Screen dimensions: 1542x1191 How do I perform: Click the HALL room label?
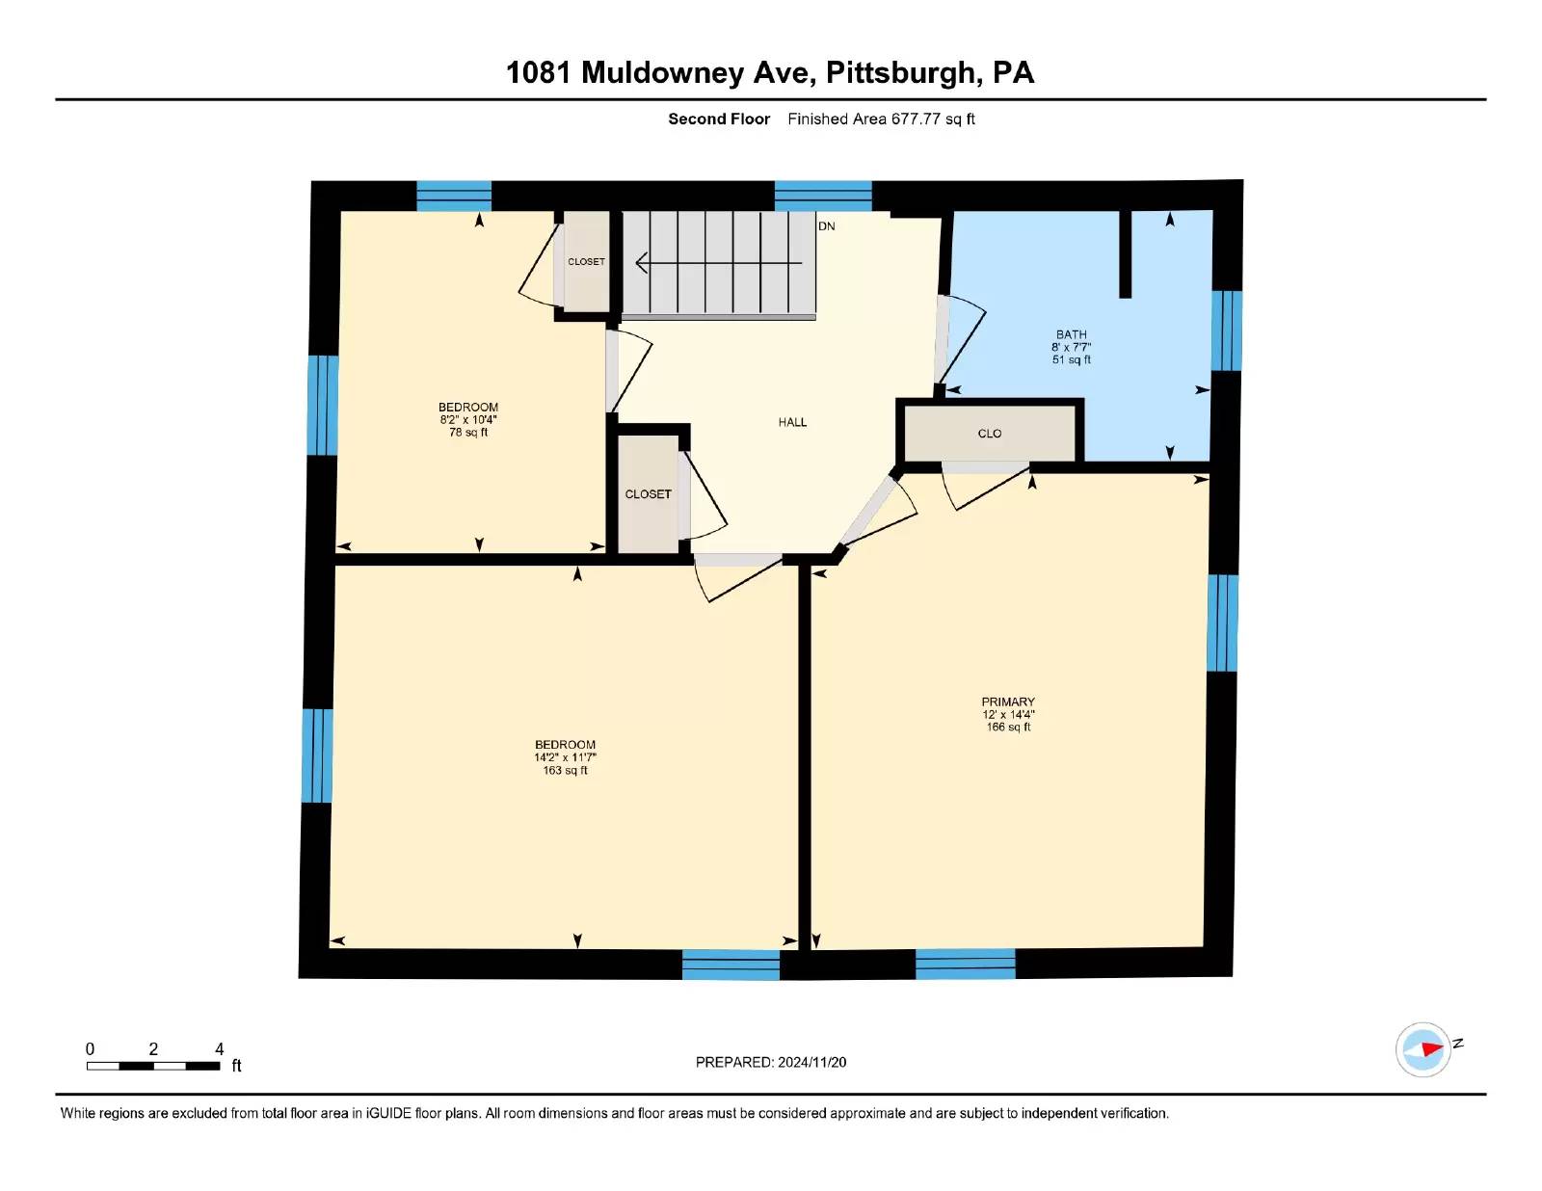click(x=792, y=422)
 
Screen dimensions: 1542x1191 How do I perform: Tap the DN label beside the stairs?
click(x=826, y=226)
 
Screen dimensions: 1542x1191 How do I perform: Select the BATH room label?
click(x=1071, y=334)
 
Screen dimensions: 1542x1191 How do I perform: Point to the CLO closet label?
click(x=989, y=434)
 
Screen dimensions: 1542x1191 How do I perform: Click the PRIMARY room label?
click(x=1008, y=701)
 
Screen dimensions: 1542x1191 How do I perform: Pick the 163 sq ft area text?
click(x=565, y=770)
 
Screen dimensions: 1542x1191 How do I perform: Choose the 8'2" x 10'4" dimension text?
click(x=467, y=419)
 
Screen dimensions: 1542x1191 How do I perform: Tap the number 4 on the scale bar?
click(x=220, y=1048)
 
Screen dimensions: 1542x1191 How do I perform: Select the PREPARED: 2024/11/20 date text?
click(x=771, y=1062)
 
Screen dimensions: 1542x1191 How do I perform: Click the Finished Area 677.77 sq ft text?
click(x=881, y=119)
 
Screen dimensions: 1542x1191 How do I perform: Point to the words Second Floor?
click(x=719, y=119)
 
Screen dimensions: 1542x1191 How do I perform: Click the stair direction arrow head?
click(x=640, y=263)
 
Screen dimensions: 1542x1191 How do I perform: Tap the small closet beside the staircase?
click(x=586, y=262)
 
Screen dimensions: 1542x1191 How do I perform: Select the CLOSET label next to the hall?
click(x=648, y=493)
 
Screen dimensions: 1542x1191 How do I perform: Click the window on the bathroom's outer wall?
click(x=1226, y=331)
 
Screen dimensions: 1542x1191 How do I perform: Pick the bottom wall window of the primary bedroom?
click(x=965, y=964)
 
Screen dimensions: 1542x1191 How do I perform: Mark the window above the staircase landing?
click(x=822, y=197)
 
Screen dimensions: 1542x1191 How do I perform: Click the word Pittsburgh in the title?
click(x=900, y=72)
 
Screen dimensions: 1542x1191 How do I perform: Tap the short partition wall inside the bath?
click(x=1125, y=254)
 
